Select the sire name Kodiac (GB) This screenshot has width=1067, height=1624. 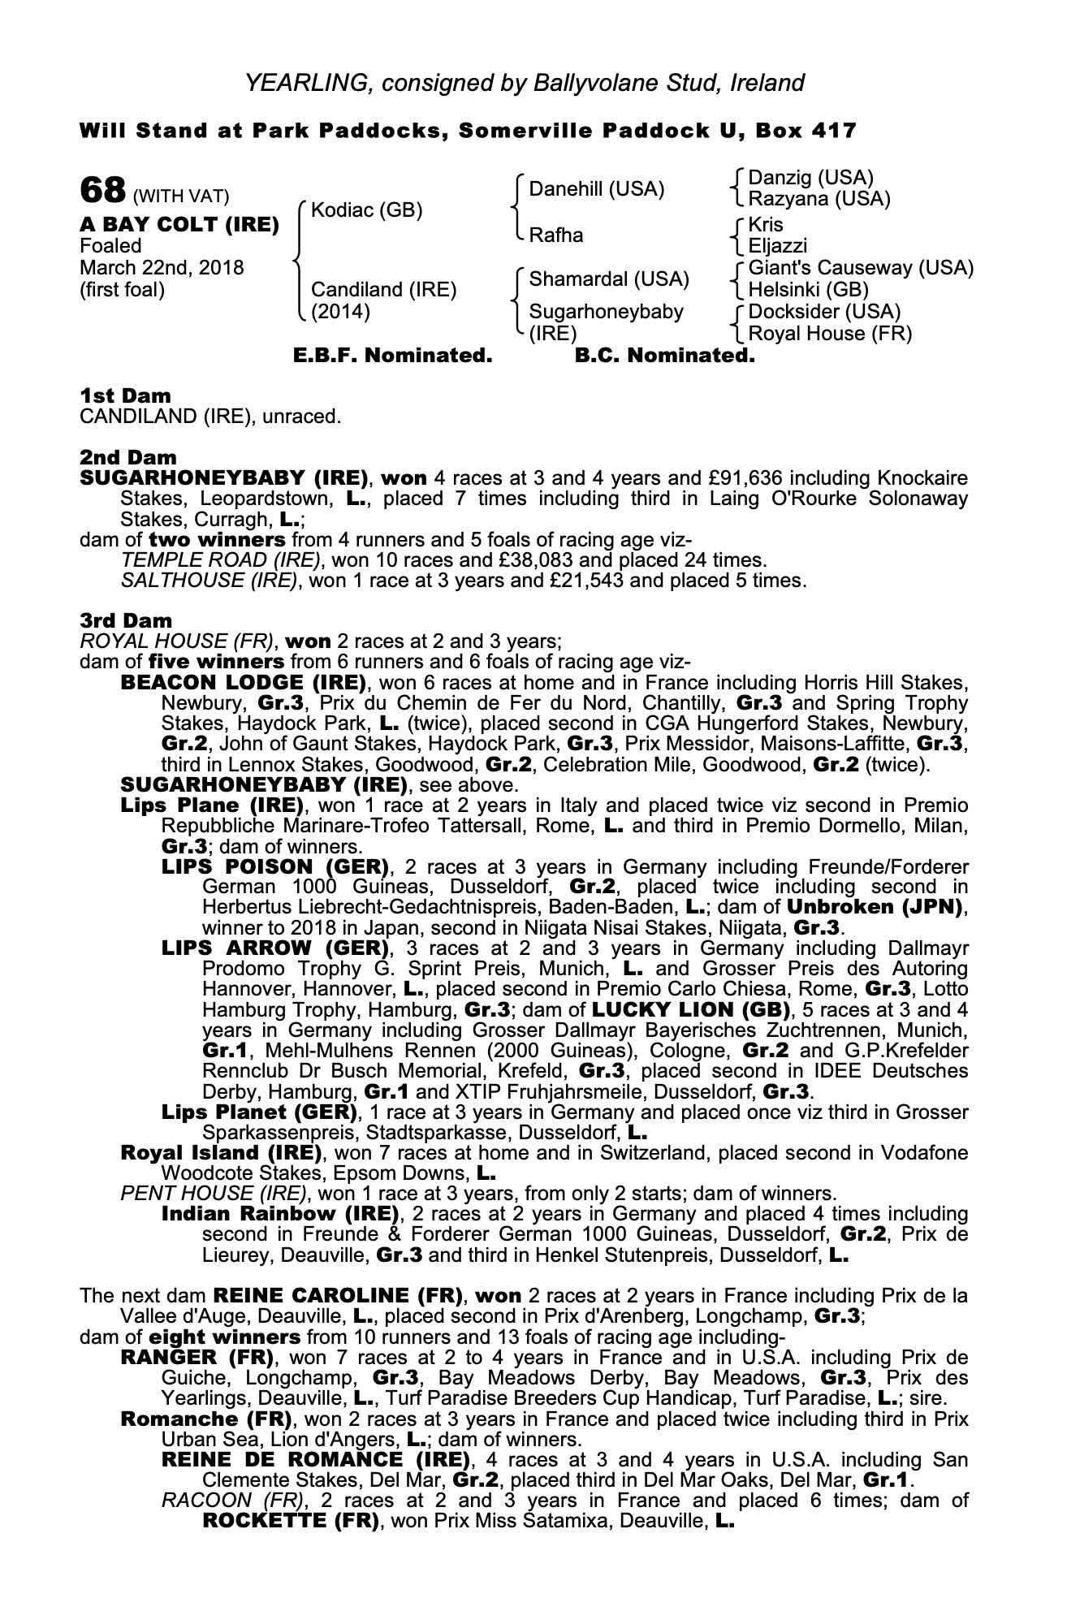366,210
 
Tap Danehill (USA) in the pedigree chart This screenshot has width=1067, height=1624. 596,189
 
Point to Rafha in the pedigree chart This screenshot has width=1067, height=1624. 556,235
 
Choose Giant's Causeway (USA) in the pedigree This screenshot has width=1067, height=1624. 861,268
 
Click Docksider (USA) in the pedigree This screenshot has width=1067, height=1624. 824,312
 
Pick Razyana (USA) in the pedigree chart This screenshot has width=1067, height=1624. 819,199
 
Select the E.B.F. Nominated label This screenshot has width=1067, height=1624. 392,356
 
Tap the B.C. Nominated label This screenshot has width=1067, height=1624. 664,356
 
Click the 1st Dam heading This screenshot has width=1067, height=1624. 126,396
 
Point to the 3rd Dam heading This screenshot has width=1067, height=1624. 126,620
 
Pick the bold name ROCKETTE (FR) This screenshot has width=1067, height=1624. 291,1521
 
